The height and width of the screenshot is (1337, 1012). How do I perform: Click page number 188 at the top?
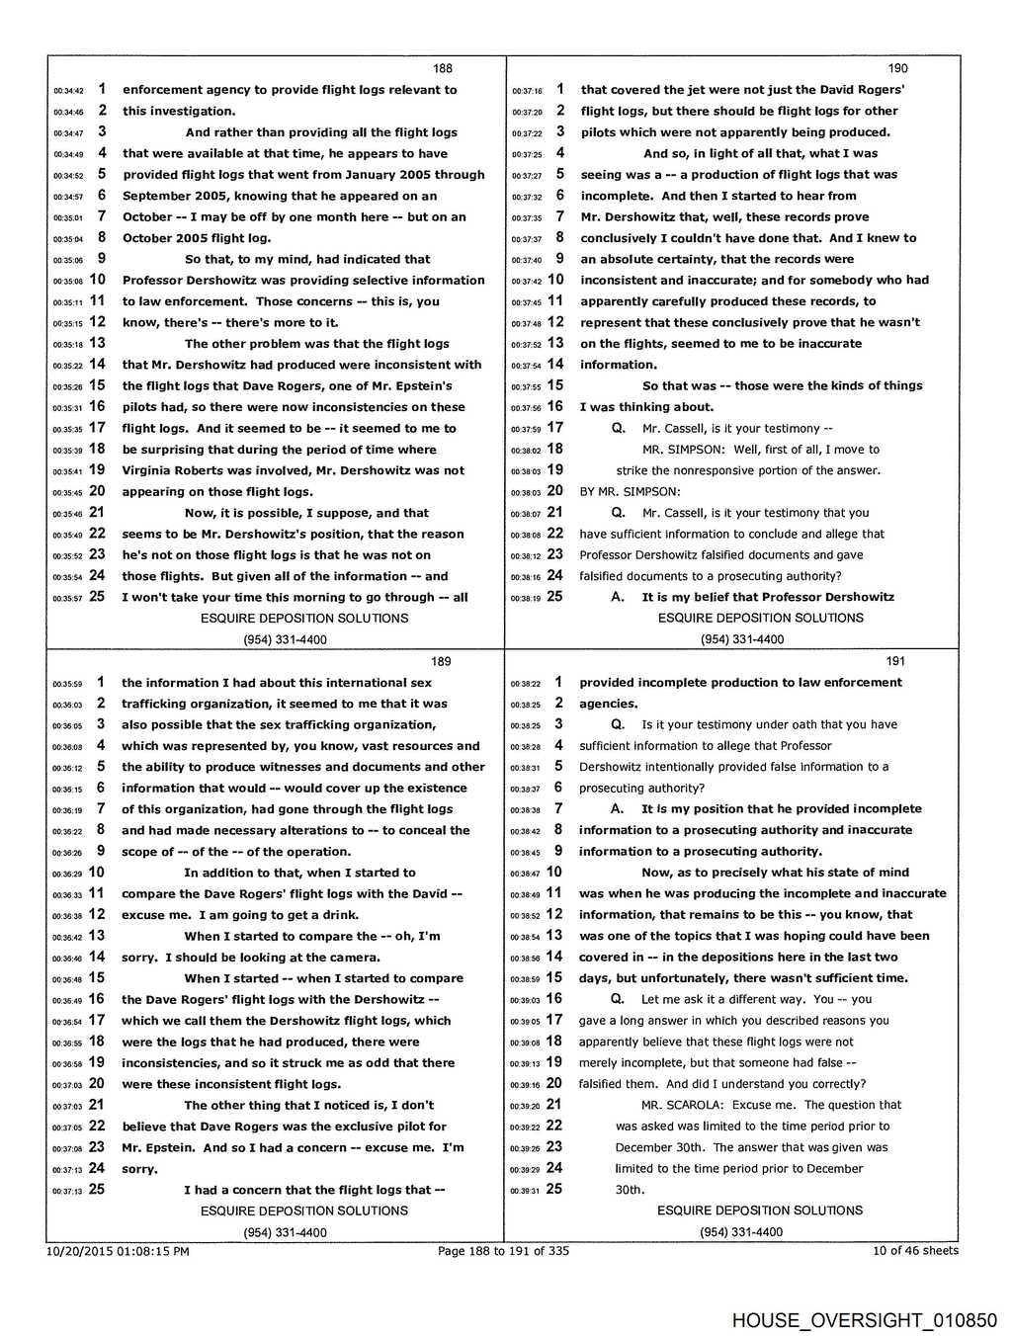click(442, 68)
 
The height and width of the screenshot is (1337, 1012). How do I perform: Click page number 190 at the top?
click(897, 68)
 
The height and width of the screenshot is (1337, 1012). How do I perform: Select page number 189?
click(441, 661)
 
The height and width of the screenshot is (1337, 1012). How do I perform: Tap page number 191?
click(895, 661)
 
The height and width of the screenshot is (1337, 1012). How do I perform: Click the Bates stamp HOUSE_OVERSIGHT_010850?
click(865, 1320)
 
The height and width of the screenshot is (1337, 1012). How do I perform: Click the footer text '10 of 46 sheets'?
click(915, 1250)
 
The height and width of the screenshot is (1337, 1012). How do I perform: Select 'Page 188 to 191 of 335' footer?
click(503, 1251)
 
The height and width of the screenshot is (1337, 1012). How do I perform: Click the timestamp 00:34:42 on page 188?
click(68, 91)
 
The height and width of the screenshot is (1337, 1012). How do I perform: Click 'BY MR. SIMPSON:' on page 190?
click(630, 491)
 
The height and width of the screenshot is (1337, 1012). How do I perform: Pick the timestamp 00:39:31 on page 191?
click(525, 1191)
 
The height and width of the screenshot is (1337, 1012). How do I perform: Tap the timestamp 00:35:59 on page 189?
click(67, 684)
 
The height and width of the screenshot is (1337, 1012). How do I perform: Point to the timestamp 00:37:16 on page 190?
click(527, 91)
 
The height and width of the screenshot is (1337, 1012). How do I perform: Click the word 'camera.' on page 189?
click(356, 957)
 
